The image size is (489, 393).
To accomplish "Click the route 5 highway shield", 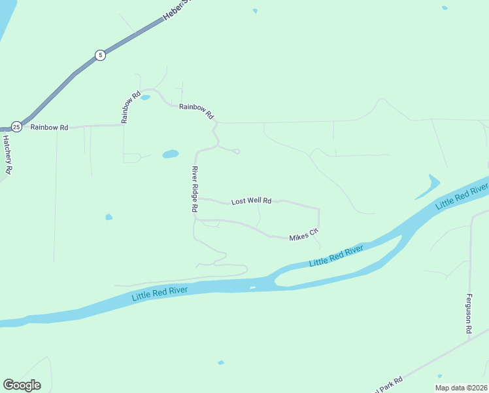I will tap(99, 55).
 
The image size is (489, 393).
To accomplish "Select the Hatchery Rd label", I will tap(7, 153).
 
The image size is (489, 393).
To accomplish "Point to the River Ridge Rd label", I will tap(194, 189).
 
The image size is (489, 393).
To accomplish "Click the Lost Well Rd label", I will tap(251, 201).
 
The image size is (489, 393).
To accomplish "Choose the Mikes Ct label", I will tap(303, 234).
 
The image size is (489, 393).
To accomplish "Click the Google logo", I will tap(22, 385).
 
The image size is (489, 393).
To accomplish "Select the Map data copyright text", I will tap(462, 388).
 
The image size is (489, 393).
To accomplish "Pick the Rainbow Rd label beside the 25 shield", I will tap(49, 127).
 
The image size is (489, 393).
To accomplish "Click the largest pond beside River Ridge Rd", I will tap(170, 155).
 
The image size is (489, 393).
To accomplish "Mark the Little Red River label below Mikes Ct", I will tap(337, 257).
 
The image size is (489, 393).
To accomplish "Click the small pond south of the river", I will tap(221, 362).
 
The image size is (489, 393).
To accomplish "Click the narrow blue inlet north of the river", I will tap(426, 187).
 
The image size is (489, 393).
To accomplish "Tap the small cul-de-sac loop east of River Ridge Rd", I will tap(237, 151).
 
